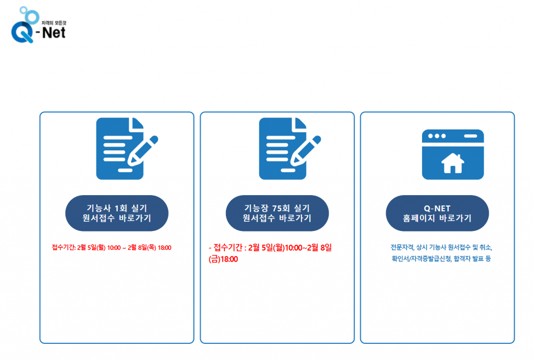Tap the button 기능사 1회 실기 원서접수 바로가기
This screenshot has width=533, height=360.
coord(117,213)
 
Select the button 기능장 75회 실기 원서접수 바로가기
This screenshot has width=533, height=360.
coord(277,213)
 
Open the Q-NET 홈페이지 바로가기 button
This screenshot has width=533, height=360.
coord(437,213)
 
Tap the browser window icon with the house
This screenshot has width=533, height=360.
coord(452,155)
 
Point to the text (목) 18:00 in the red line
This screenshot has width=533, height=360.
coord(156,247)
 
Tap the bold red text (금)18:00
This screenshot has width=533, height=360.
coord(223,259)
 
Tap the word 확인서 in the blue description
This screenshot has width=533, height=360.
coord(400,258)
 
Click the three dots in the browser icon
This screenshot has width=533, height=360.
coord(436,136)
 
